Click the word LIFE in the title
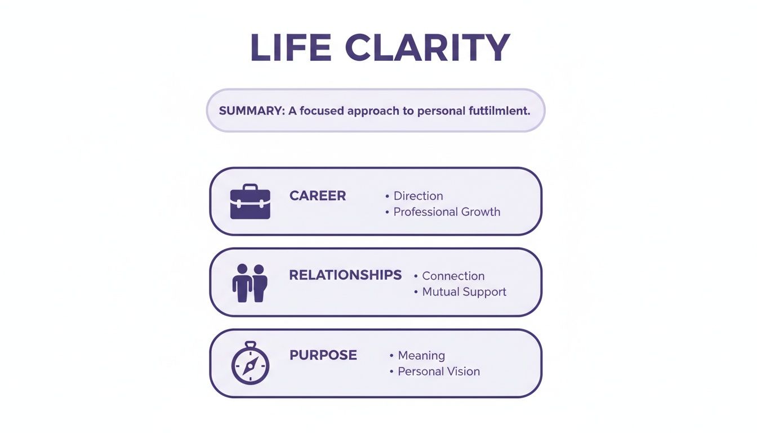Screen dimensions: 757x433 point(290,48)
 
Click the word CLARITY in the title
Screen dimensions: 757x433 point(428,48)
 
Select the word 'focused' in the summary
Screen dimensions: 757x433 point(322,111)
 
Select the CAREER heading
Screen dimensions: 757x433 point(318,196)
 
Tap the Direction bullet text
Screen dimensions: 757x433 point(418,196)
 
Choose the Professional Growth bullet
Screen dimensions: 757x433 point(447,212)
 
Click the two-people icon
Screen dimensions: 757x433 point(250,282)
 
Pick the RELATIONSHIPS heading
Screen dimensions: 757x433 point(345,275)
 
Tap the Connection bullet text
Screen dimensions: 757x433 point(453,276)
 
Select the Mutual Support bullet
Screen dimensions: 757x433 point(464,292)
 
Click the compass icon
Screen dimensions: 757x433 point(251,364)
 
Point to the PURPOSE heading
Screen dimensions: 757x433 point(323,355)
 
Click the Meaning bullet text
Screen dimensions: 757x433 point(421,356)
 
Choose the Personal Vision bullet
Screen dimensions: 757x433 point(439,372)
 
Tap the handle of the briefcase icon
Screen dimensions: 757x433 point(250,187)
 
